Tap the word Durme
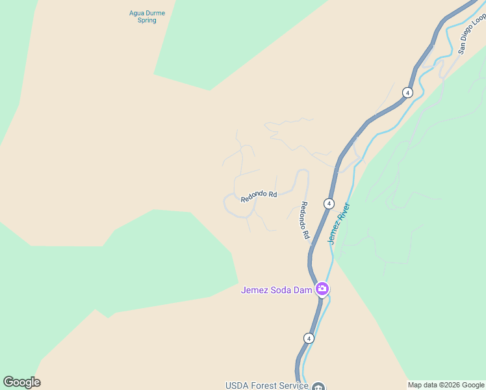tap(156, 12)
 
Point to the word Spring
tap(147, 20)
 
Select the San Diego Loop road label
tap(471, 34)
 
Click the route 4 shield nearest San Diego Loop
tap(407, 92)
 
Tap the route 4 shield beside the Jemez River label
tap(329, 203)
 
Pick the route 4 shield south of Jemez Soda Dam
tap(309, 338)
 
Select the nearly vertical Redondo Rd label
tap(303, 220)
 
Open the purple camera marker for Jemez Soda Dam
tap(322, 289)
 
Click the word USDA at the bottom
tap(236, 385)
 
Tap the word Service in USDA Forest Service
tap(294, 385)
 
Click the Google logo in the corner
tap(21, 382)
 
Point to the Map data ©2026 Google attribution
tap(446, 385)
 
